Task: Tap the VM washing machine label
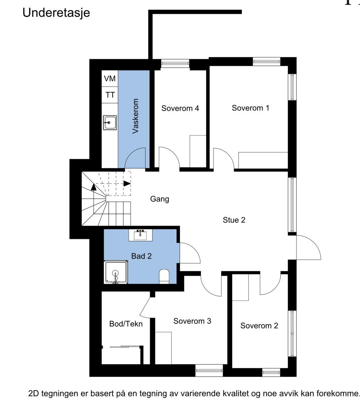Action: tap(110, 79)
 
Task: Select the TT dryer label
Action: tap(110, 95)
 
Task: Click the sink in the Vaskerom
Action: tap(110, 122)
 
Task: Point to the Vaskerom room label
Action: tap(135, 116)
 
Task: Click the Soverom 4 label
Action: tap(180, 108)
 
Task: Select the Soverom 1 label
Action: tap(250, 108)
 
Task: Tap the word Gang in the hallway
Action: tap(160, 199)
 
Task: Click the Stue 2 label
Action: tap(234, 220)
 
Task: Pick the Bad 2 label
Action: tap(142, 256)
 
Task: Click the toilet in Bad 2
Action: tap(164, 276)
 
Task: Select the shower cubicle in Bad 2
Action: tap(116, 272)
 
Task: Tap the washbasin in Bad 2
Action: tap(140, 235)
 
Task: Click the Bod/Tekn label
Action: tap(126, 324)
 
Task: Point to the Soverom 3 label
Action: tap(192, 321)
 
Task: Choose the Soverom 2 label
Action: tap(259, 325)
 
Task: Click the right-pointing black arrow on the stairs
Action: tap(127, 183)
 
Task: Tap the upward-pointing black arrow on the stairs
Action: tap(94, 187)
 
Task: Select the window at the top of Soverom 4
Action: tap(175, 63)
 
